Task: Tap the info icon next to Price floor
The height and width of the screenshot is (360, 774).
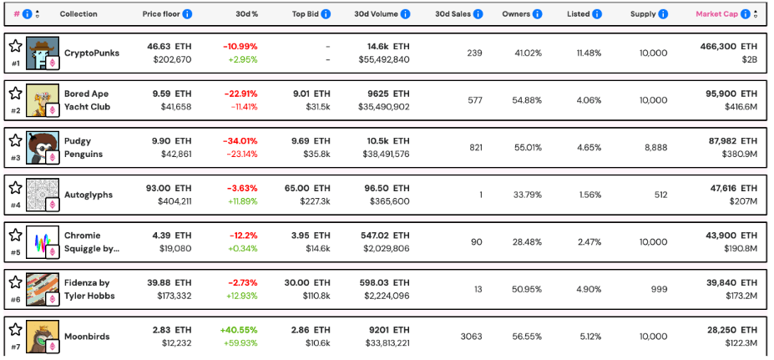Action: click(187, 14)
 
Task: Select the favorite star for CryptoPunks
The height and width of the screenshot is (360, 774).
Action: click(15, 46)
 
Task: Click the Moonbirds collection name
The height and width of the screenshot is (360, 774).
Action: click(87, 337)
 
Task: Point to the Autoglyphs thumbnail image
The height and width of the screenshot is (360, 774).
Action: click(42, 195)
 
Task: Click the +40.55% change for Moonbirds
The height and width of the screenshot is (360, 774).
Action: click(240, 330)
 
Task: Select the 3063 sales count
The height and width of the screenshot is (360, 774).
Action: click(471, 337)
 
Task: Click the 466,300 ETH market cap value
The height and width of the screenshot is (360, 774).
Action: click(726, 47)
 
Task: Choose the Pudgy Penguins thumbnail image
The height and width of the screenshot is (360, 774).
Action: click(42, 147)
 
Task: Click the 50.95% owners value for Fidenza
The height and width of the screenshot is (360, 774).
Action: click(527, 289)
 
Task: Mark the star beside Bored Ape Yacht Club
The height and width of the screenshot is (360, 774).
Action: click(15, 94)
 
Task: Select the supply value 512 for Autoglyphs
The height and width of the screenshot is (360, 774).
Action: click(660, 195)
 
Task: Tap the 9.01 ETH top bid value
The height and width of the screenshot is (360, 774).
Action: click(311, 94)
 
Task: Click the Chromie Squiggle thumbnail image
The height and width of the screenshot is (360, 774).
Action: click(42, 242)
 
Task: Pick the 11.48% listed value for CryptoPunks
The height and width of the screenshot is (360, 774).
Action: click(589, 53)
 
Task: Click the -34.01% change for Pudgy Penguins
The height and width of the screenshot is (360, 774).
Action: click(240, 141)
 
